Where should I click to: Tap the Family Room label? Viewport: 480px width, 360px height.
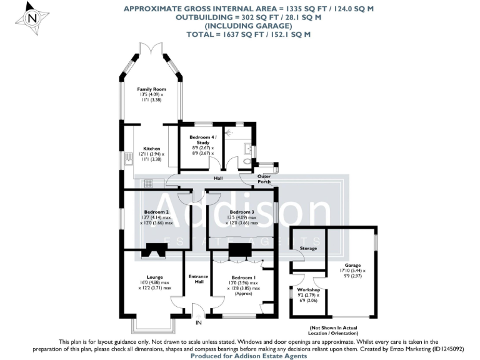click(x=152, y=89)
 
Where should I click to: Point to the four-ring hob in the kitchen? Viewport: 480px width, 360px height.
click(x=149, y=183)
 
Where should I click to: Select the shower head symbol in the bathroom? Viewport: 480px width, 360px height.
click(x=229, y=132)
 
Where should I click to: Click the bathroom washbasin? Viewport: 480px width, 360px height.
click(x=250, y=149)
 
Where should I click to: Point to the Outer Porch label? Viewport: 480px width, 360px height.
click(x=265, y=181)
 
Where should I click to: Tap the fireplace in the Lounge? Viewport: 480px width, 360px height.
click(x=152, y=251)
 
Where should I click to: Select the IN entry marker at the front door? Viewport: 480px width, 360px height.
click(x=199, y=322)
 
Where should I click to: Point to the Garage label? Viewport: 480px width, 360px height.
click(x=352, y=265)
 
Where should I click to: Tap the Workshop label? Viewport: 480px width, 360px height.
click(x=309, y=290)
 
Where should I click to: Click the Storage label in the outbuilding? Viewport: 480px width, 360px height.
click(x=308, y=248)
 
